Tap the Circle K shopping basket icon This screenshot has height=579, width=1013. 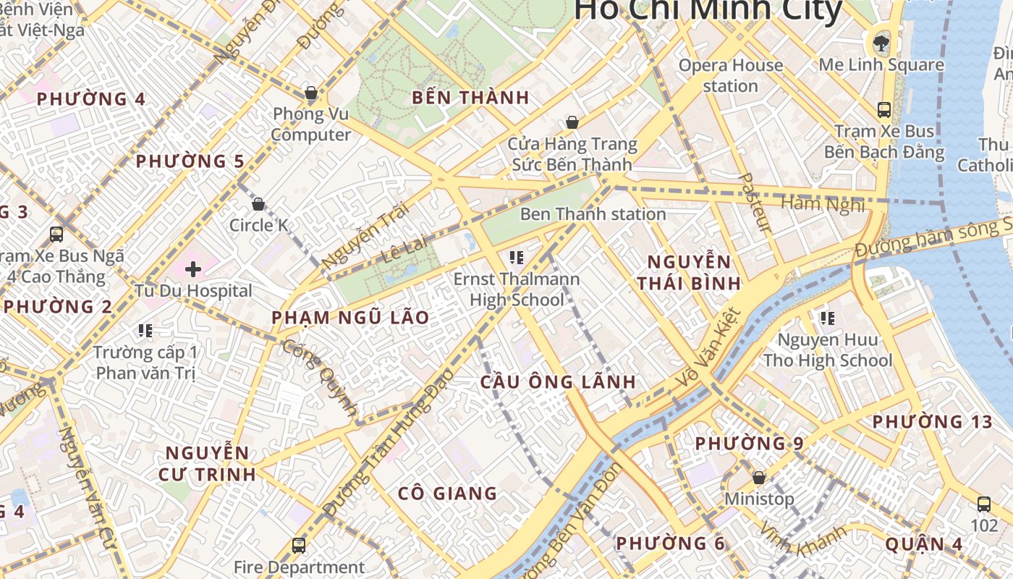tap(258, 204)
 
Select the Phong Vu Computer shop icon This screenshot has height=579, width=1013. tap(311, 93)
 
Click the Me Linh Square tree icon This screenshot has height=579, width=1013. tap(881, 43)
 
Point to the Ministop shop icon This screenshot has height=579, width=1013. tap(759, 478)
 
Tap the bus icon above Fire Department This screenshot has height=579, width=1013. tap(298, 545)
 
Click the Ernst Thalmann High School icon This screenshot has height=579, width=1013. tap(516, 257)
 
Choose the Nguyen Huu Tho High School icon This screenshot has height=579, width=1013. tap(828, 318)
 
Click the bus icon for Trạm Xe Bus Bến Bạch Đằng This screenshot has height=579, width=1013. tap(883, 110)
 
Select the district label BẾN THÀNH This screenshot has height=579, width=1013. tap(470, 98)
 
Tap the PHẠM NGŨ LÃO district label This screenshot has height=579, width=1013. tap(350, 318)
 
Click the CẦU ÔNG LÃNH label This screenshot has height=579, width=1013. tap(558, 382)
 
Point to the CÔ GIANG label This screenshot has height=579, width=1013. tap(447, 494)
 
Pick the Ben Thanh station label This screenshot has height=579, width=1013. tap(593, 214)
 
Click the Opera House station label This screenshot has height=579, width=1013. tap(730, 75)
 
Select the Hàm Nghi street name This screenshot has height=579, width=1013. tap(823, 204)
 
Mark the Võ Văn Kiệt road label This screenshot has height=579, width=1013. tap(708, 347)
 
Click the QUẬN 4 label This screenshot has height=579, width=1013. tap(924, 544)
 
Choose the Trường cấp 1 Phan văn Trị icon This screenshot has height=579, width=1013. tap(145, 331)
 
